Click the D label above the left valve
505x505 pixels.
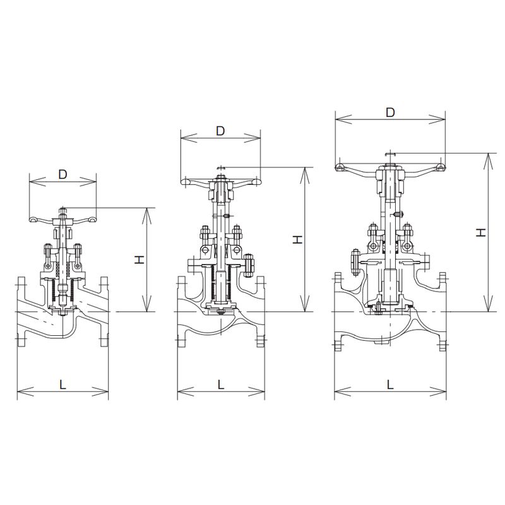62,174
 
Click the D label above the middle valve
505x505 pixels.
220,131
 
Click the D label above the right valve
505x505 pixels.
390,112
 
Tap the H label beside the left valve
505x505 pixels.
140,259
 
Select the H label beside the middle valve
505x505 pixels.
297,239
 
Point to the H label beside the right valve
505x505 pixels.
481,232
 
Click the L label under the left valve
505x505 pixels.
62,384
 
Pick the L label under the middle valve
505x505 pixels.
221,384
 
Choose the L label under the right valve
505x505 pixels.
390,384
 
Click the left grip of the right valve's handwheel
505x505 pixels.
340,167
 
